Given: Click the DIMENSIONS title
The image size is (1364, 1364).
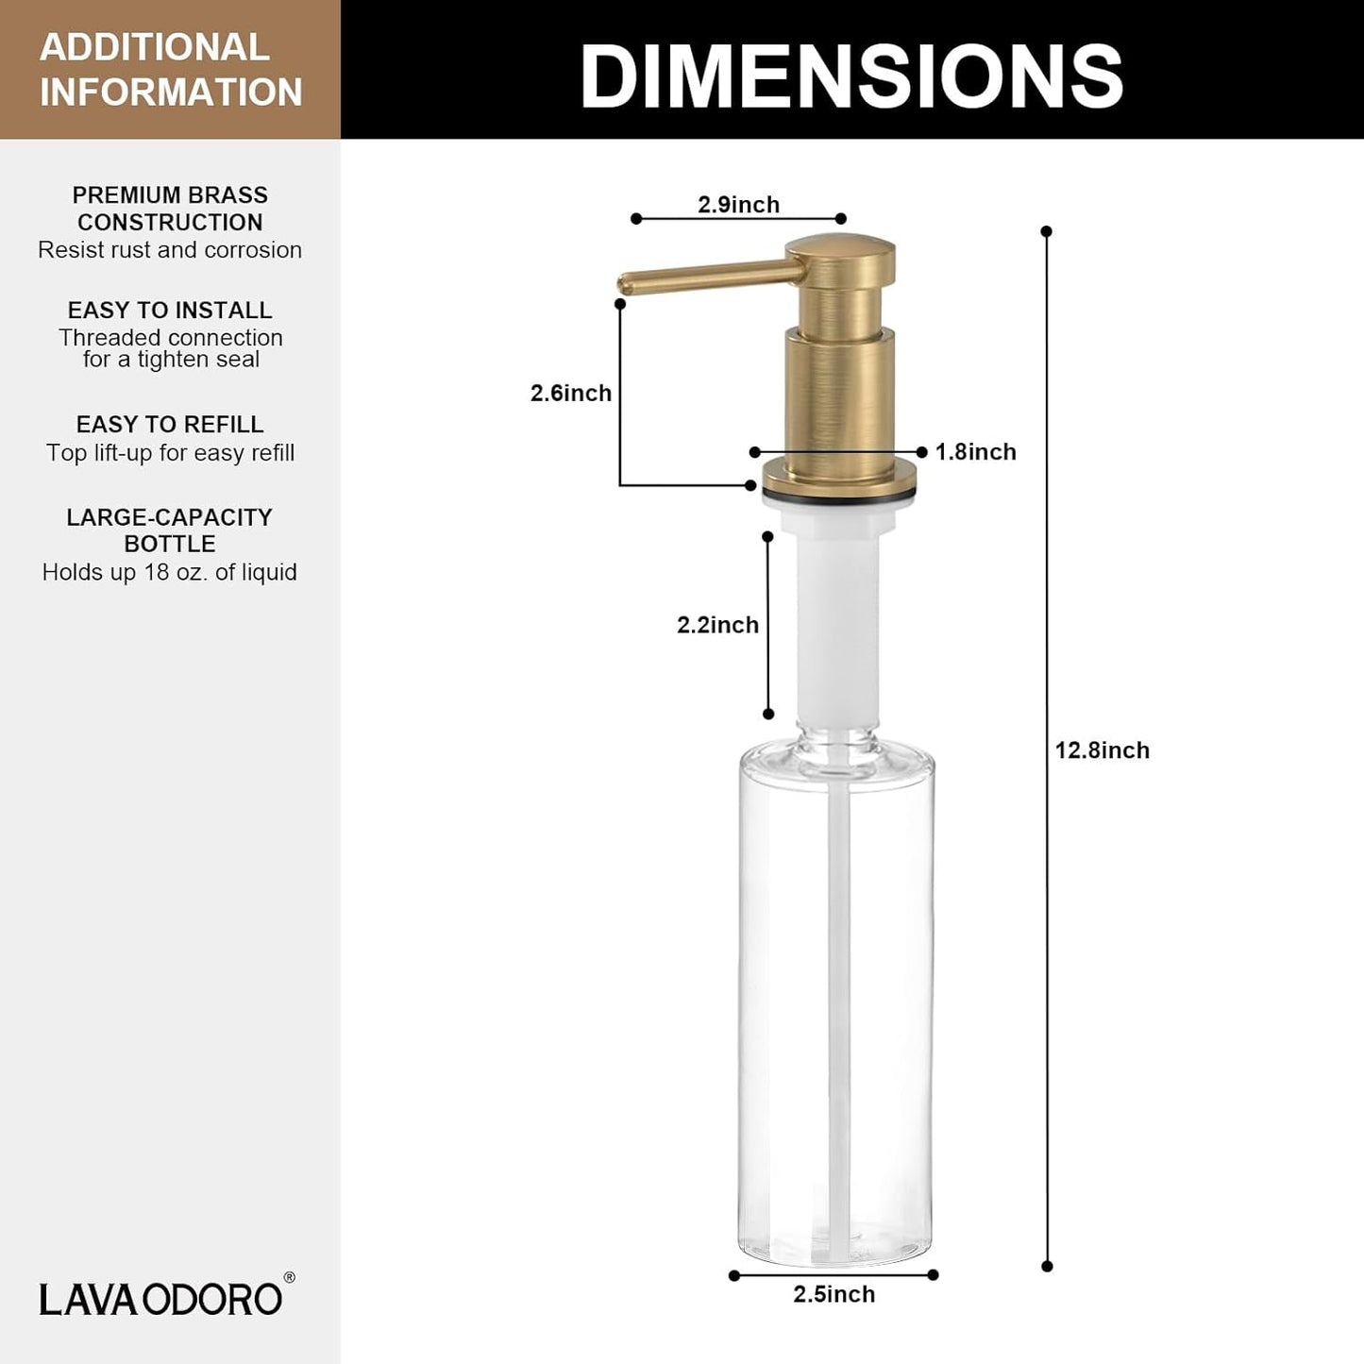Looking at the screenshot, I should [851, 76].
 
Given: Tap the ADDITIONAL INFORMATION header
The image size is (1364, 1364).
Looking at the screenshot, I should [171, 70].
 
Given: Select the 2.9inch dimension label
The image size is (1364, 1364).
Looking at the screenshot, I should [738, 205].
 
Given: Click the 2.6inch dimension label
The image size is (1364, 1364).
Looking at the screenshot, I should [570, 393].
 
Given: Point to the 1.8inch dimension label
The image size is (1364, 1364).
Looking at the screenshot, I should [975, 452].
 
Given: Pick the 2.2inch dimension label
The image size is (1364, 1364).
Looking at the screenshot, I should [717, 625].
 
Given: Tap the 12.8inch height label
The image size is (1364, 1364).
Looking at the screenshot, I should [1102, 750].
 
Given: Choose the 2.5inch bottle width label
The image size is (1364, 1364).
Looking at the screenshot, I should [834, 1294].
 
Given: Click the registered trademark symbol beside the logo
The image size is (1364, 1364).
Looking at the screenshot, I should [289, 1278].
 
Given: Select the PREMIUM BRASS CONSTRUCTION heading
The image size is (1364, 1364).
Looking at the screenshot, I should [170, 209].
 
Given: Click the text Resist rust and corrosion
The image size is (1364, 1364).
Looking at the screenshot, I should [170, 250].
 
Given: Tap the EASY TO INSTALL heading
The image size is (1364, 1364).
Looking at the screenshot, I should [170, 311].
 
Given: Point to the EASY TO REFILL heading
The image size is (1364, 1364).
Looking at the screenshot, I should [170, 425].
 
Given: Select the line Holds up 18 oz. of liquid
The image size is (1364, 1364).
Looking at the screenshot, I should [170, 572].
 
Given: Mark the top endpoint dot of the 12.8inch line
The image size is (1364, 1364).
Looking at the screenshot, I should [1046, 231].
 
